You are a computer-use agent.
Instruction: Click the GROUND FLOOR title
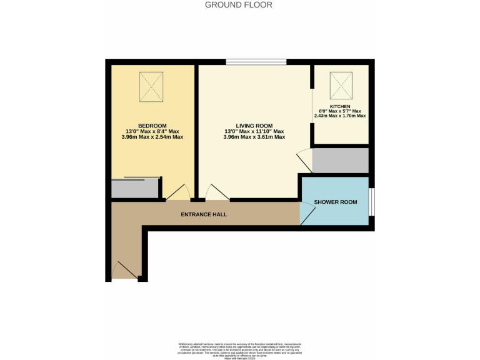[x=239, y=5]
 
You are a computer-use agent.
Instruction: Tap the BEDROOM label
[x=152, y=125]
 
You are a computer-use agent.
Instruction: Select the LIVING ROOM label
[x=254, y=125]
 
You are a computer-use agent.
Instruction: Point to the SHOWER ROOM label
[x=335, y=202]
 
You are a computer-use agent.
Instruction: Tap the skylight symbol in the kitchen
[x=341, y=83]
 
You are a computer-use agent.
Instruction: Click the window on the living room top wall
[x=256, y=61]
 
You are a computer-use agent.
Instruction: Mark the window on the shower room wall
[x=372, y=201]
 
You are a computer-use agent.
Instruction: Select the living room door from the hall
[x=216, y=192]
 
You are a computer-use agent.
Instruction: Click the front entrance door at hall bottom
[x=124, y=269]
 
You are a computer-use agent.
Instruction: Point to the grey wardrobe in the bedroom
[x=135, y=189]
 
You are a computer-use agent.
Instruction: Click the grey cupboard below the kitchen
[x=339, y=161]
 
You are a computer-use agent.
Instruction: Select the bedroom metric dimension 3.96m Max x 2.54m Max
[x=152, y=137]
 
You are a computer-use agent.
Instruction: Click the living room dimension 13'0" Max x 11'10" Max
[x=254, y=131]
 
